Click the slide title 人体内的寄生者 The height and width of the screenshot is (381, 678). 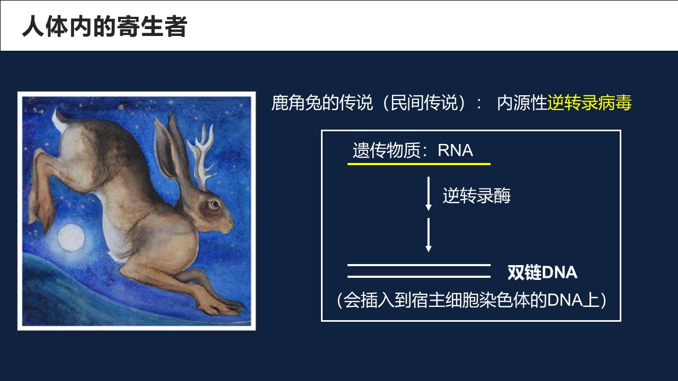105,26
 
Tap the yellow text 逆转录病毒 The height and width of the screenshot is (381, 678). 590,103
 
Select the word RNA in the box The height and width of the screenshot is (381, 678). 455,150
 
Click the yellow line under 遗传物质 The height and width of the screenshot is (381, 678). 419,164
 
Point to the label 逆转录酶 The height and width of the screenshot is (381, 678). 477,195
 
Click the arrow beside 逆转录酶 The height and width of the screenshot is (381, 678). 429,194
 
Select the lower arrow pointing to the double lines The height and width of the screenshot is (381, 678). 429,235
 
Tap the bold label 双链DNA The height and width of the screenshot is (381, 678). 542,273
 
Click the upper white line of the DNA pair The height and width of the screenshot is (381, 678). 419,265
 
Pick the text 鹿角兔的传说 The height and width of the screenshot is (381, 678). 322,103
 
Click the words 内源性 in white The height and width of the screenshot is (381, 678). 522,103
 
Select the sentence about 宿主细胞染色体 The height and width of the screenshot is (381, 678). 471,300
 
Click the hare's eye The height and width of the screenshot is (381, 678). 215,205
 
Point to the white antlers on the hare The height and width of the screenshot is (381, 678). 202,154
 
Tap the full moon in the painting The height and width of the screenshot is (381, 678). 72,237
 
